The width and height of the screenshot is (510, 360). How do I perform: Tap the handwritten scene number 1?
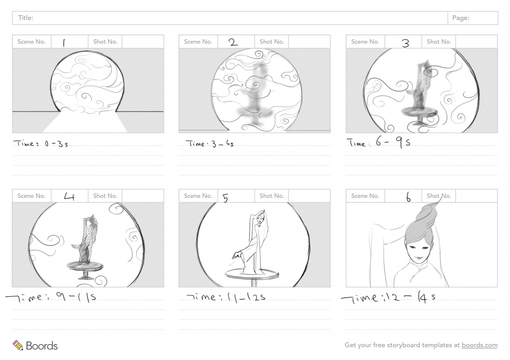pos(64,43)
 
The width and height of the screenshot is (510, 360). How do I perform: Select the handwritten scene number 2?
pos(233,42)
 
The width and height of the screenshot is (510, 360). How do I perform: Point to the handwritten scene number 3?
pos(405,43)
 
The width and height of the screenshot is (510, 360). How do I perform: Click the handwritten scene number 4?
pos(69,196)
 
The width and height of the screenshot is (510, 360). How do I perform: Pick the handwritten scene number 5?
pos(225,198)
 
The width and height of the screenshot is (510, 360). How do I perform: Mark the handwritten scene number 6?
pos(408,197)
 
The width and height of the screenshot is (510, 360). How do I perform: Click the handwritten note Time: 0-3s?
pos(41,143)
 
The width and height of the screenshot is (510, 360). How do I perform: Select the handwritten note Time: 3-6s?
pos(210,143)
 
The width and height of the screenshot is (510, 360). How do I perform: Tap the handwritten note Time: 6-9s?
pos(378,142)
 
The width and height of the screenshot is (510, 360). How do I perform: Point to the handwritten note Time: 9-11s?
pos(51,297)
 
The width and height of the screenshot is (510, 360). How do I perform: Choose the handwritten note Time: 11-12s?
pos(226,297)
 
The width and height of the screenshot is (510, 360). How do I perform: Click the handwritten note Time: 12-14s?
pos(388,298)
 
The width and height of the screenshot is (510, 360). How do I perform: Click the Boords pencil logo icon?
pos(18,345)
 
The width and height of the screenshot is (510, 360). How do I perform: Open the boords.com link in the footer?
pos(479,345)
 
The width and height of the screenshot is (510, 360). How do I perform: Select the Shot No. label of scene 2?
pos(272,42)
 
